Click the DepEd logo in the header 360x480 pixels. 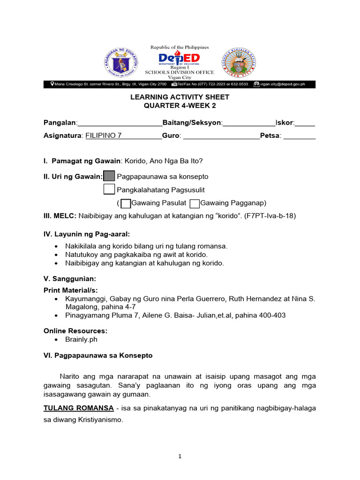pyautogui.click(x=179, y=59)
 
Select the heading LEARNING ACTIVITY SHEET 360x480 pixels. pyautogui.click(x=180, y=97)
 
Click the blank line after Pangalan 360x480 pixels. pyautogui.click(x=120, y=123)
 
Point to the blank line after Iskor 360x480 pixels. pyautogui.click(x=305, y=123)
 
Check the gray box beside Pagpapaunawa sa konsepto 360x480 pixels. pyautogui.click(x=109, y=176)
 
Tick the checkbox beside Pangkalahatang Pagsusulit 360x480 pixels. pyautogui.click(x=109, y=189)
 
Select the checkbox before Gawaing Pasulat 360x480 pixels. pyautogui.click(x=126, y=203)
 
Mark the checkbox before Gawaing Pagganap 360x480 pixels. pyautogui.click(x=195, y=203)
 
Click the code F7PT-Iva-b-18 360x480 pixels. pyautogui.click(x=270, y=216)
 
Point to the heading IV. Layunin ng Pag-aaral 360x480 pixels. pyautogui.click(x=87, y=233)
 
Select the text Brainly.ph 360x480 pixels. pyautogui.click(x=82, y=339)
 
